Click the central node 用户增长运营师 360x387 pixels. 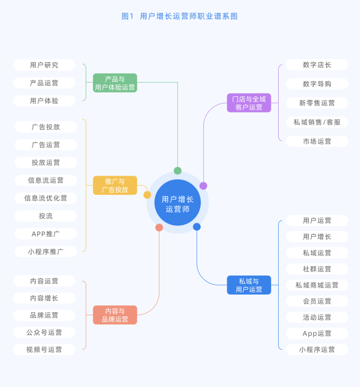[177, 203]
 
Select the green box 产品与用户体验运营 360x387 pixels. [115, 83]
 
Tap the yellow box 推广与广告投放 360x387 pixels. [115, 186]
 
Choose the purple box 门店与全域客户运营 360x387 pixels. [249, 103]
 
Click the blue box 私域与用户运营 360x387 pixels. [249, 285]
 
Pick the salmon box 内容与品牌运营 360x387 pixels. [115, 315]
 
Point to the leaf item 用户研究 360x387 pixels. [44, 65]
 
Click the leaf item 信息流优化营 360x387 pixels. [46, 198]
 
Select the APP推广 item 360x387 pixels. [46, 234]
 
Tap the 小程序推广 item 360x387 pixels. [46, 252]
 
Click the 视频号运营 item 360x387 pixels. [44, 349]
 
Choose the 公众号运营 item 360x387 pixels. [44, 333]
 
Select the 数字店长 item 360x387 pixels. [317, 65]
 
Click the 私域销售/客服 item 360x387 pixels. [317, 122]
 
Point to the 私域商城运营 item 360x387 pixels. [317, 285]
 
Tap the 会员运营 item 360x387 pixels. [317, 301]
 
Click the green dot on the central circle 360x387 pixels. [177, 171]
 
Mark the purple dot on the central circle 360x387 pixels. [203, 186]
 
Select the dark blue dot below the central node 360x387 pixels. [196, 227]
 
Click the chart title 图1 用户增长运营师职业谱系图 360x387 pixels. [179, 16]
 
